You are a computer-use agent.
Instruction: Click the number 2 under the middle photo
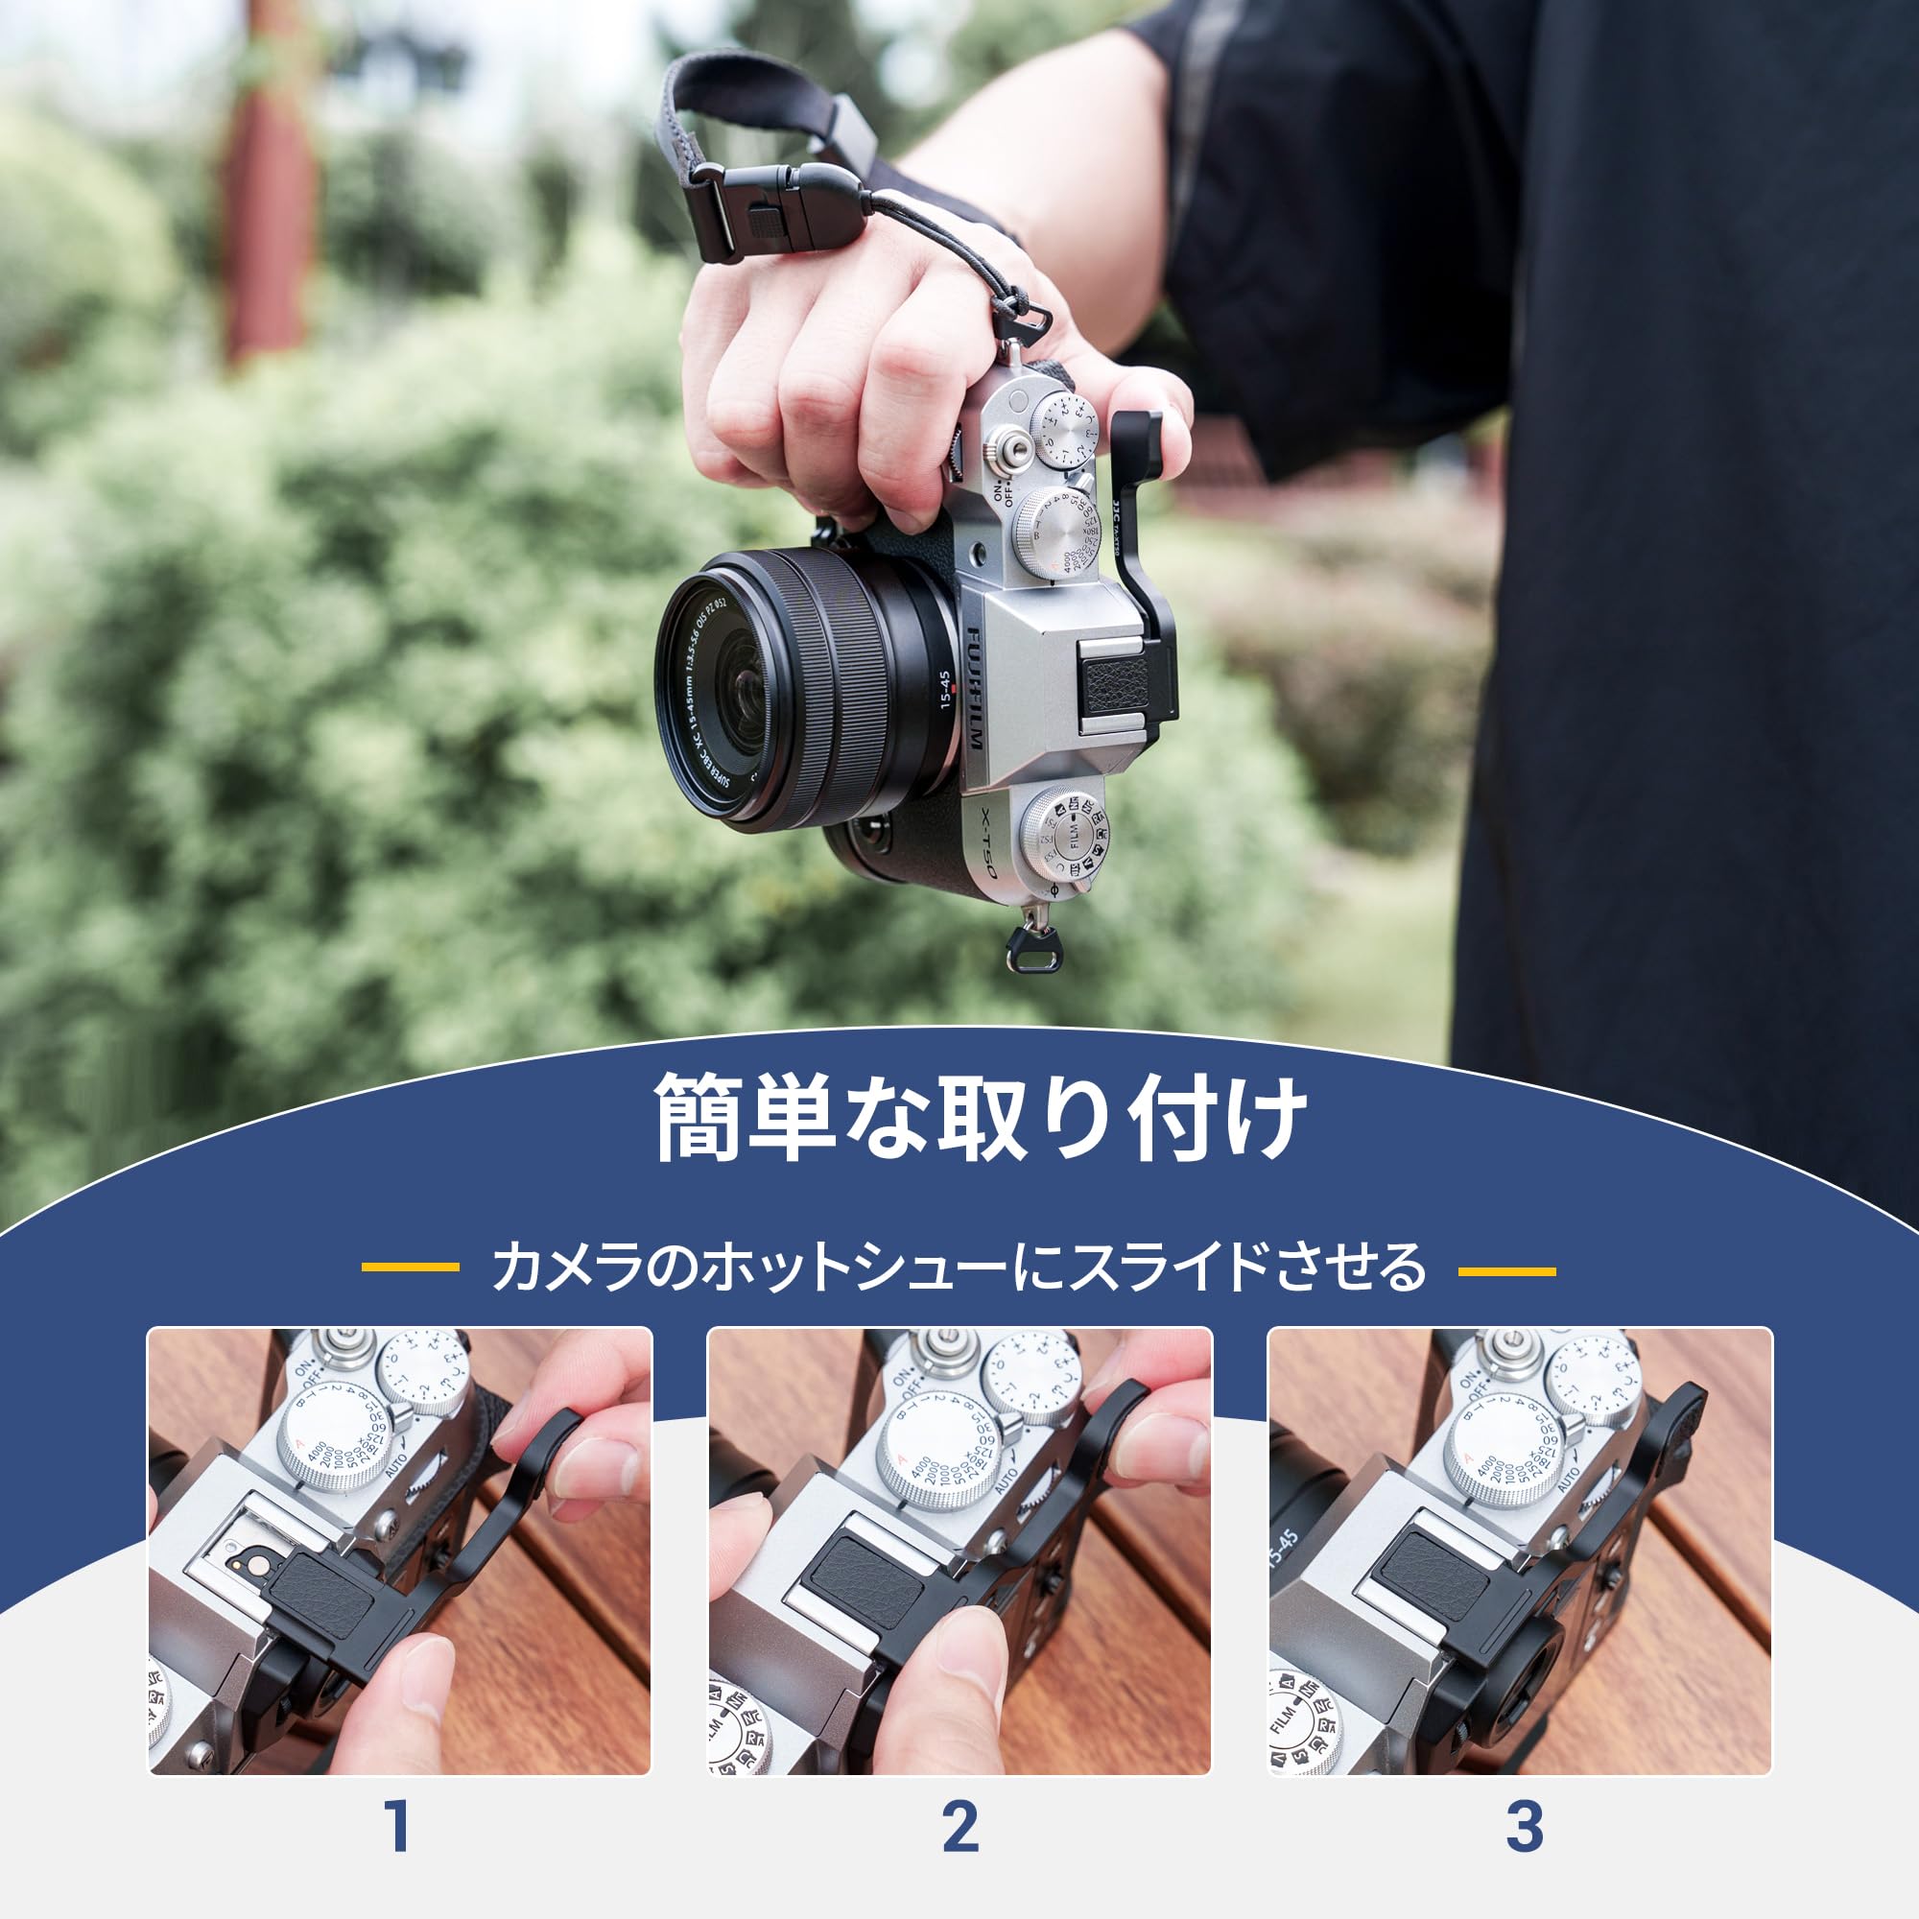click(959, 1825)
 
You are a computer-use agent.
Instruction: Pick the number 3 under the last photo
click(1524, 1825)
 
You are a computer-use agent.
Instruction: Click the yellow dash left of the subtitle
click(411, 1267)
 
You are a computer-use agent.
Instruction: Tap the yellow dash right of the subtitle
click(1505, 1270)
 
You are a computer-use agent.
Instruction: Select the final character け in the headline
click(1260, 1118)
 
